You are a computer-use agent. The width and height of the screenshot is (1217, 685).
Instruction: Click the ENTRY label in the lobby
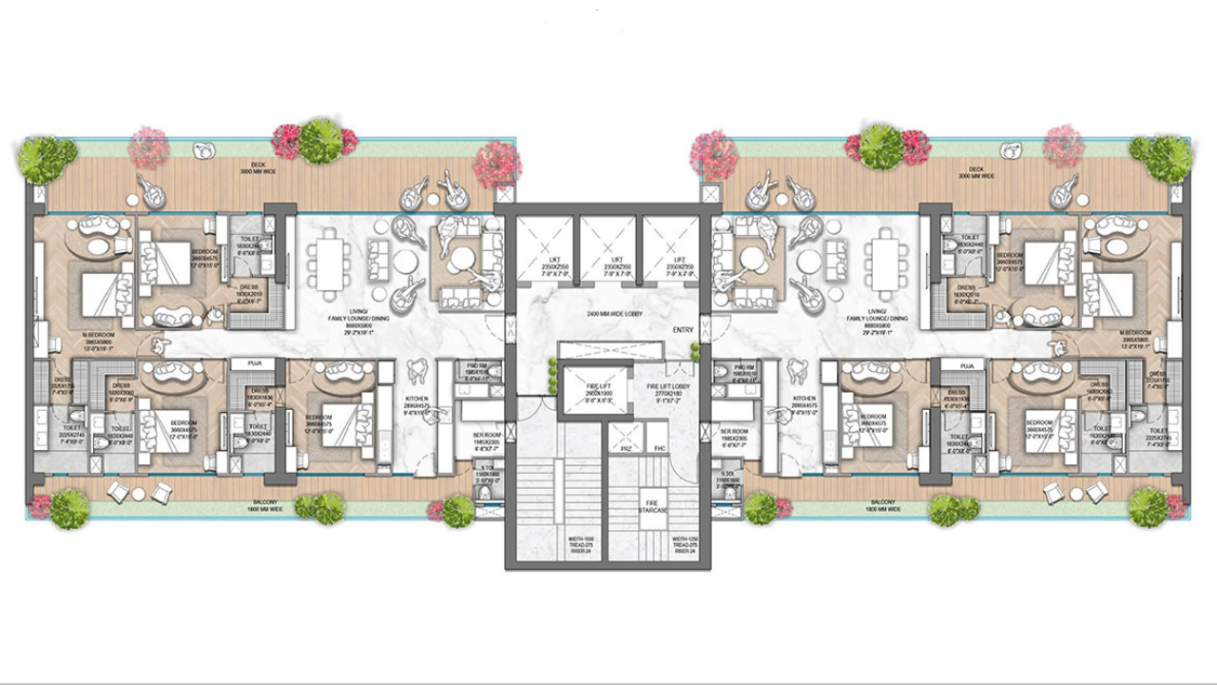(683, 329)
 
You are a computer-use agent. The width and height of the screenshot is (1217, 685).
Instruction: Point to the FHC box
(658, 448)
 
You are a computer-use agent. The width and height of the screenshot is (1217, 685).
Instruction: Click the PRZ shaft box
(627, 448)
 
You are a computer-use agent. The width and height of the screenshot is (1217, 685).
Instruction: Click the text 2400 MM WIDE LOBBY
(608, 313)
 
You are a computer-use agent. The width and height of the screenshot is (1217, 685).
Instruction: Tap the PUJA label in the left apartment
(253, 363)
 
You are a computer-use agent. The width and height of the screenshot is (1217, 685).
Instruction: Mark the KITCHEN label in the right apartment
(804, 400)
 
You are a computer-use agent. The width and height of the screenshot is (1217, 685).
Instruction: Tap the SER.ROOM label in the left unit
(487, 434)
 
